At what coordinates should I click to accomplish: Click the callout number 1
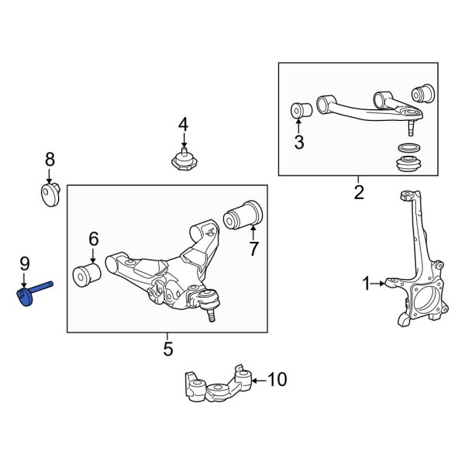pyautogui.click(x=367, y=284)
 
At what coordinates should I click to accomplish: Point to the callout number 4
pyautogui.click(x=183, y=124)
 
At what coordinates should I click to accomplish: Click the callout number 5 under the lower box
pyautogui.click(x=168, y=350)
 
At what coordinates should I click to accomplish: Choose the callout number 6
pyautogui.click(x=93, y=239)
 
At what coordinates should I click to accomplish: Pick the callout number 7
pyautogui.click(x=252, y=248)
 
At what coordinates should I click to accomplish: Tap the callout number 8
pyautogui.click(x=50, y=160)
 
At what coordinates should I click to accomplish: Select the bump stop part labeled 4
pyautogui.click(x=183, y=161)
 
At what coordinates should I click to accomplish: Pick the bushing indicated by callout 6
pyautogui.click(x=86, y=274)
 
